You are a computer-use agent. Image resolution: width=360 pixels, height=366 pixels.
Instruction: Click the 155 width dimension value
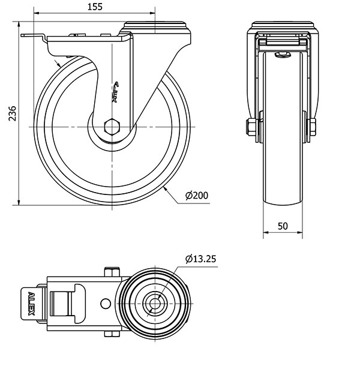pyautogui.click(x=95, y=7)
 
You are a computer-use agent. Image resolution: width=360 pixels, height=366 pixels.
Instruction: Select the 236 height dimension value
pyautogui.click(x=13, y=113)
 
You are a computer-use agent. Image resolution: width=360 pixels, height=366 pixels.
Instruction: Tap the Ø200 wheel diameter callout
pyautogui.click(x=197, y=196)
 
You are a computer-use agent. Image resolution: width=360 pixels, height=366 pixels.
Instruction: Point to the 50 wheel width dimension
pyautogui.click(x=283, y=226)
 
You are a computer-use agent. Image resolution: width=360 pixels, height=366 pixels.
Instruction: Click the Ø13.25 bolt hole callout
pyautogui.click(x=201, y=259)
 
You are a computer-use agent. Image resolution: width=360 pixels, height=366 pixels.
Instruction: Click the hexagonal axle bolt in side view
pyautogui.click(x=112, y=127)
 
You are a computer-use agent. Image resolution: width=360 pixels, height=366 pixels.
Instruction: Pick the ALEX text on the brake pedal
pyautogui.click(x=31, y=304)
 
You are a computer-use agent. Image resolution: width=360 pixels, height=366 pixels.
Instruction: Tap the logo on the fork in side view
pyautogui.click(x=115, y=92)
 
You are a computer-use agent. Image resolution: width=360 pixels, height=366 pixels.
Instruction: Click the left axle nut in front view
pyautogui.click(x=251, y=127)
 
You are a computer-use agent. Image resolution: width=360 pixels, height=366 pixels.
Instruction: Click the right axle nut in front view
pyautogui.click(x=313, y=127)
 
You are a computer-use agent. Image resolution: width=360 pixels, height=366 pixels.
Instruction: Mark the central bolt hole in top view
pyautogui.click(x=155, y=304)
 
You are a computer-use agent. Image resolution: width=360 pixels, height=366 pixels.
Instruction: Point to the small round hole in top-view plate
pyautogui.click(x=106, y=304)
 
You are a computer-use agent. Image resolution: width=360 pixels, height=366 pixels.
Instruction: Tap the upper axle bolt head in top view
pyautogui.click(x=112, y=272)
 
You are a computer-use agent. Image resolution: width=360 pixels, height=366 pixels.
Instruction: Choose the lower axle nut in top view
pyautogui.click(x=112, y=334)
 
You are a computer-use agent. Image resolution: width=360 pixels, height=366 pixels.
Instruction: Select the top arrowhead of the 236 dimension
pyautogui.click(x=19, y=24)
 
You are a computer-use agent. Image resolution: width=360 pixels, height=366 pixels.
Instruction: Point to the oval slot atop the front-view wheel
pyautogui.click(x=283, y=55)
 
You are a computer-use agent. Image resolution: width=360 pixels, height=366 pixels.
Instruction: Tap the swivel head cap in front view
pyautogui.click(x=283, y=25)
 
